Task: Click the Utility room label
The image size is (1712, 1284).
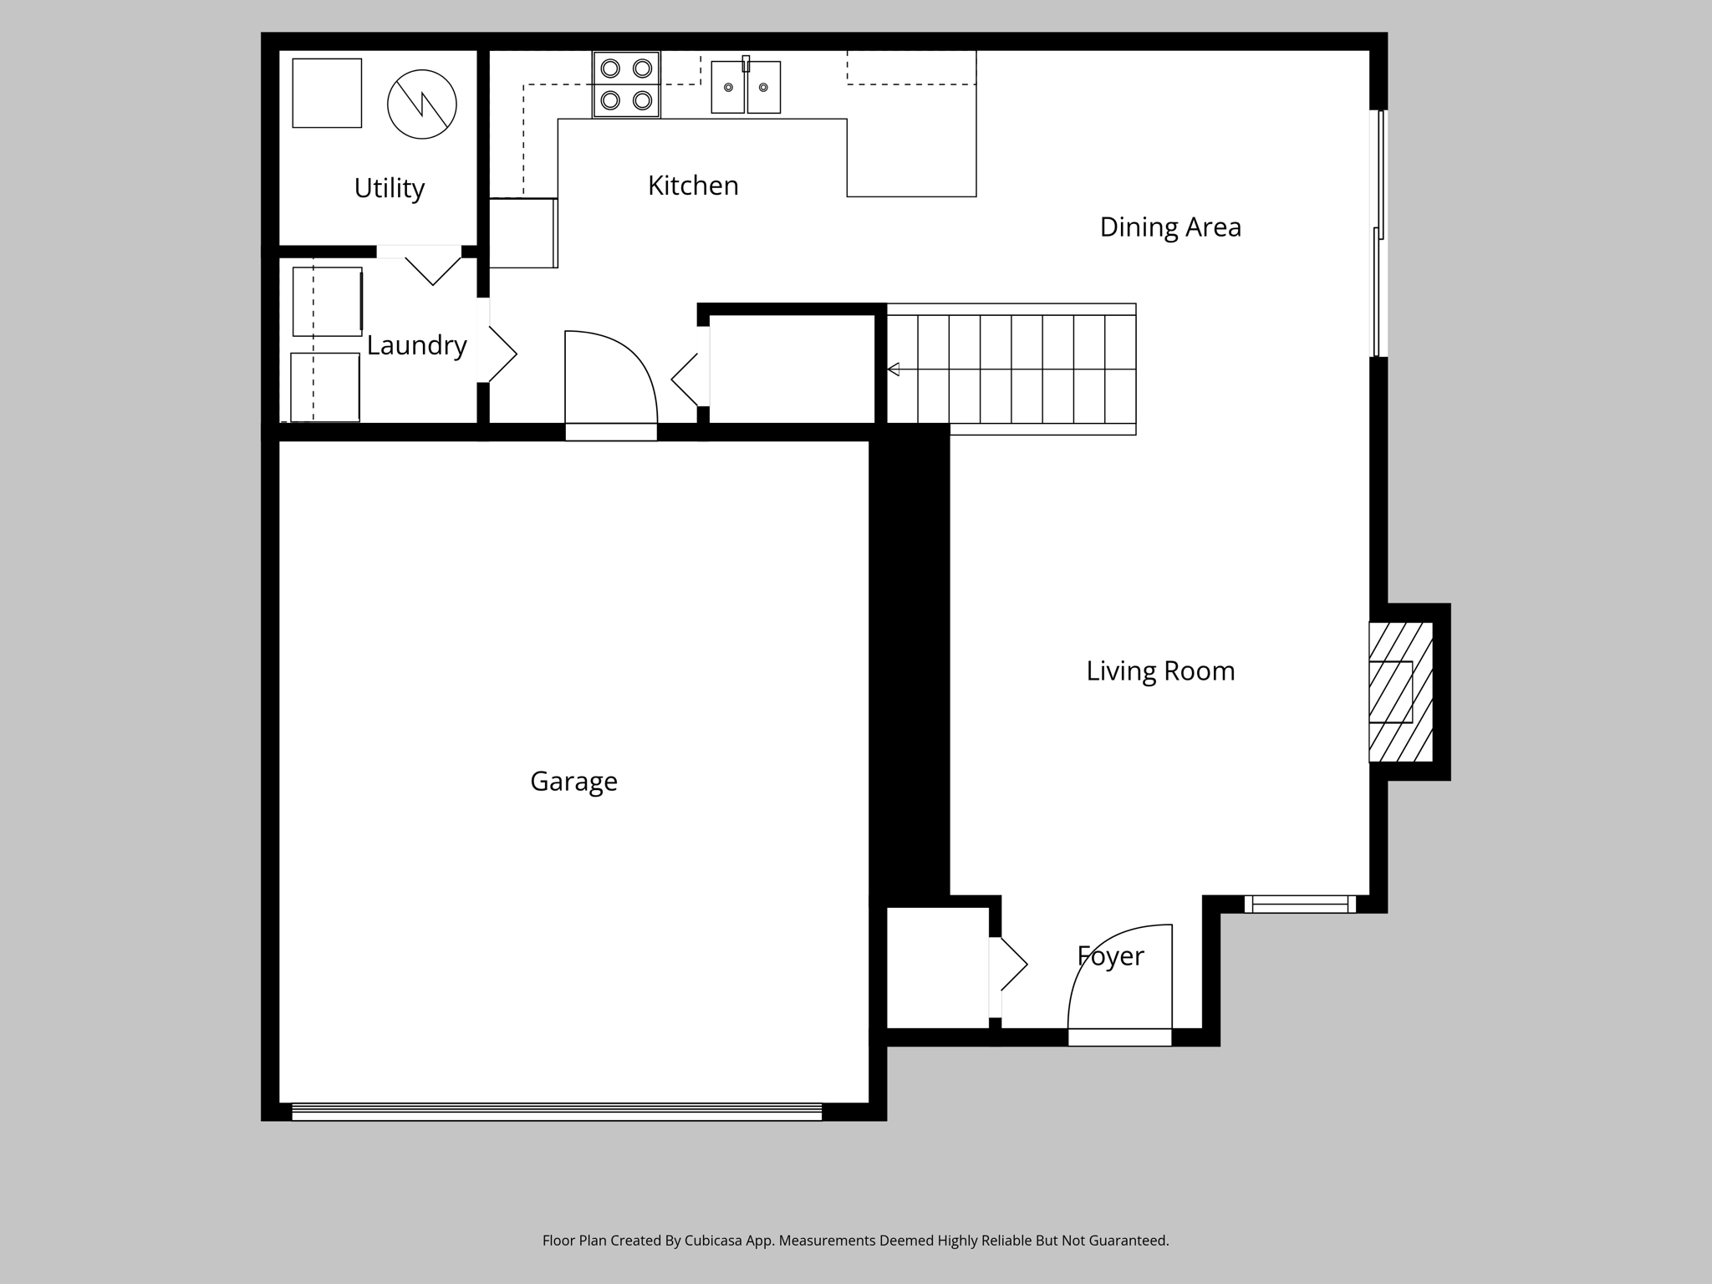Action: tap(389, 188)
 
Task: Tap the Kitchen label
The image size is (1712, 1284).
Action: tap(693, 186)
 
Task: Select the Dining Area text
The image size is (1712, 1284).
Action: tap(1169, 227)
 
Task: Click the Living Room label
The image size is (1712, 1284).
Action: tap(1159, 671)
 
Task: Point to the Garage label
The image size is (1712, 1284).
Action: tap(573, 782)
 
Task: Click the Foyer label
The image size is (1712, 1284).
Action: tap(1110, 956)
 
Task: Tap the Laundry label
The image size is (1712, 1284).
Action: tap(416, 345)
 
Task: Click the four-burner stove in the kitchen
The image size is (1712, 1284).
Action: tap(626, 84)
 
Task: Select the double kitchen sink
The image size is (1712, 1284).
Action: tap(746, 87)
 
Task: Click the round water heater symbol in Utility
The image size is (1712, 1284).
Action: tap(422, 104)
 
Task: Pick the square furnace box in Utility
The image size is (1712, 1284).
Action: tap(327, 93)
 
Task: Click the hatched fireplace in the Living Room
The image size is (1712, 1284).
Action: tap(1399, 692)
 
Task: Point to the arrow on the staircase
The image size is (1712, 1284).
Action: tap(893, 369)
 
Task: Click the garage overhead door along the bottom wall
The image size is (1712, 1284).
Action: tap(556, 1111)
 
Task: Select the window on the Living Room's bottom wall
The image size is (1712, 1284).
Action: tap(1300, 904)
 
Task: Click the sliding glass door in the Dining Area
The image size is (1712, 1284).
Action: tap(1378, 234)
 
